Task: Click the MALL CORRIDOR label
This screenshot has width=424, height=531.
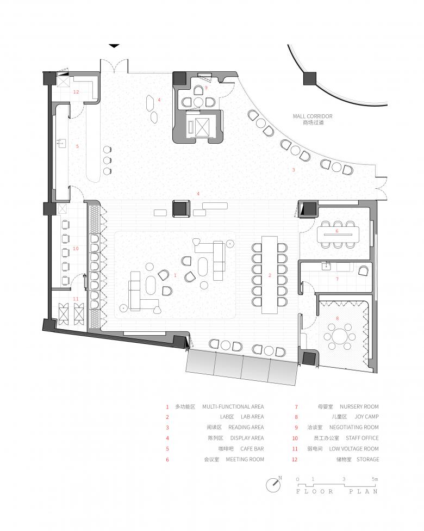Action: click(313, 116)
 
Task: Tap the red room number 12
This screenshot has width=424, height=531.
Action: click(76, 92)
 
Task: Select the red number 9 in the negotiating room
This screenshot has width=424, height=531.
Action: click(205, 88)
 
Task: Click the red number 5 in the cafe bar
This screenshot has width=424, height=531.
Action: click(78, 146)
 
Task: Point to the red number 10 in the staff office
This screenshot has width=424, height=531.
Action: click(76, 249)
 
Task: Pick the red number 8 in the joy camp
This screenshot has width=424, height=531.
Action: click(337, 318)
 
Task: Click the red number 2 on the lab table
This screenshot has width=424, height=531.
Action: click(270, 275)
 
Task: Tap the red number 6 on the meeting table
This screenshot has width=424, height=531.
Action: click(337, 231)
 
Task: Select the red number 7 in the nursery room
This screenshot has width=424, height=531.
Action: click(337, 280)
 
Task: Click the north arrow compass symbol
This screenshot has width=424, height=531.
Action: click(273, 485)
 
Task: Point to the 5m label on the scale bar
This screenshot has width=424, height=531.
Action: click(375, 479)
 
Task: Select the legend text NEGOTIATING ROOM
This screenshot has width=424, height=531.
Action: click(354, 428)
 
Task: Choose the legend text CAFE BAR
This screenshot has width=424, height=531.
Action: click(252, 449)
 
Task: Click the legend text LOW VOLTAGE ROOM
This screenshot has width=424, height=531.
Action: click(354, 449)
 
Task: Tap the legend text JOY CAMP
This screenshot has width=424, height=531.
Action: click(367, 417)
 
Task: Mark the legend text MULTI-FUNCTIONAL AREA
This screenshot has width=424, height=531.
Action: click(233, 406)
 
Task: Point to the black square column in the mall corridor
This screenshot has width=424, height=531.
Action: click(310, 78)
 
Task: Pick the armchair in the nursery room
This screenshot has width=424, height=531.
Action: click(364, 270)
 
